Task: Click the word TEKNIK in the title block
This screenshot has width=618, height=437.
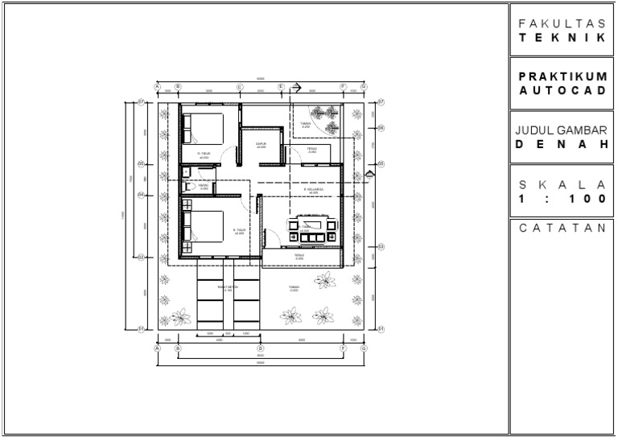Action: click(x=562, y=37)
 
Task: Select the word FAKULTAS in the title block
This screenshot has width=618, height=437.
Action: click(x=562, y=23)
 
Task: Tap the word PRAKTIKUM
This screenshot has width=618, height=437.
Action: click(x=562, y=76)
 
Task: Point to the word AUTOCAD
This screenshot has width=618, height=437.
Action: click(x=562, y=90)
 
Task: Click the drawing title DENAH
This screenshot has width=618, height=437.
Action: click(x=562, y=145)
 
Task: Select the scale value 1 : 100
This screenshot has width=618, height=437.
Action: click(x=562, y=198)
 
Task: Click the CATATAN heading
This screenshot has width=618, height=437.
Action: click(x=562, y=228)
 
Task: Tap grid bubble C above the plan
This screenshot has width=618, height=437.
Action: click(x=240, y=87)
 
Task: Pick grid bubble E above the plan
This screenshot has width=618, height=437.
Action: click(x=281, y=87)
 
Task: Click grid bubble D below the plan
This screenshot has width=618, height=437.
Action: click(x=261, y=349)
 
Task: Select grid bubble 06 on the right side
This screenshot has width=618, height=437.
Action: click(x=381, y=127)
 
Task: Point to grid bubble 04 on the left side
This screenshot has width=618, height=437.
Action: click(x=140, y=194)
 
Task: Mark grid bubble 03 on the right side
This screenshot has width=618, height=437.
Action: click(x=381, y=246)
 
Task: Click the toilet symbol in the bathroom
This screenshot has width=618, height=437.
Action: click(x=187, y=187)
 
